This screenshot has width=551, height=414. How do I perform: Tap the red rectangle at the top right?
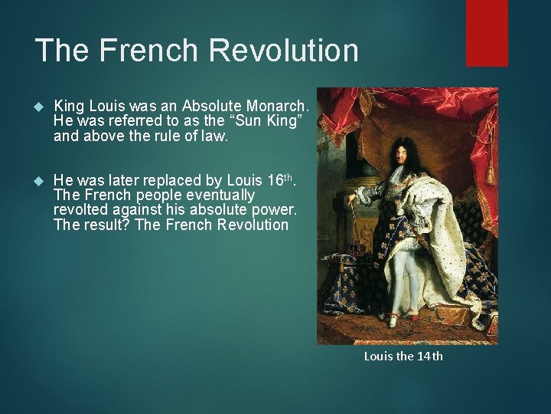[487, 32]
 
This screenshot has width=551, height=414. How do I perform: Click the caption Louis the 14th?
[403, 356]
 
